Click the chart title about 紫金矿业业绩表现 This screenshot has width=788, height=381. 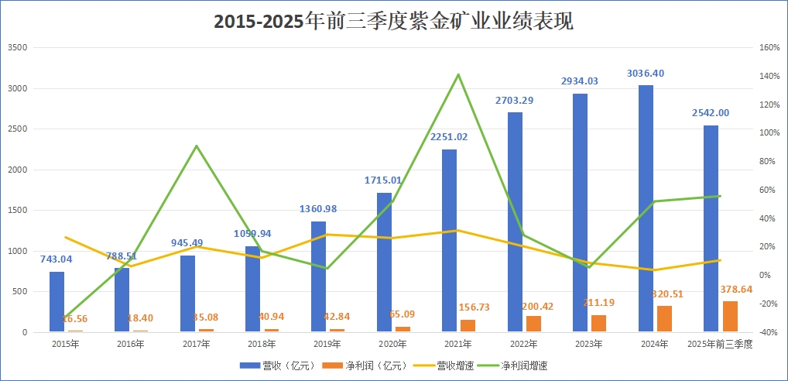coord(393,22)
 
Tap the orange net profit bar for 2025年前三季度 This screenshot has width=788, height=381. coord(730,317)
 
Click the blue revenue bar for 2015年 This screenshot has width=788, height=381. coord(57,302)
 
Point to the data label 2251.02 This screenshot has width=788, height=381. coord(449,138)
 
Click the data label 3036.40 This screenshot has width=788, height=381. coord(646,74)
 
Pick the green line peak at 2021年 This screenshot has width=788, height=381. coord(457,74)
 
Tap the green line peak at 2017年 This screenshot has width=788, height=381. coord(197,146)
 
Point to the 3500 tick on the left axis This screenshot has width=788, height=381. coord(17,47)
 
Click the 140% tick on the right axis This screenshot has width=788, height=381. coord(769,76)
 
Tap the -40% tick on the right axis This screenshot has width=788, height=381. coord(769,333)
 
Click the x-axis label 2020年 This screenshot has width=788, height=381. coord(392,343)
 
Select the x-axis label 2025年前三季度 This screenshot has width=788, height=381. coord(719,343)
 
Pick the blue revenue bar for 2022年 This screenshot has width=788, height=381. coord(515,222)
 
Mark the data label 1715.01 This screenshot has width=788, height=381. coord(383,180)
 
